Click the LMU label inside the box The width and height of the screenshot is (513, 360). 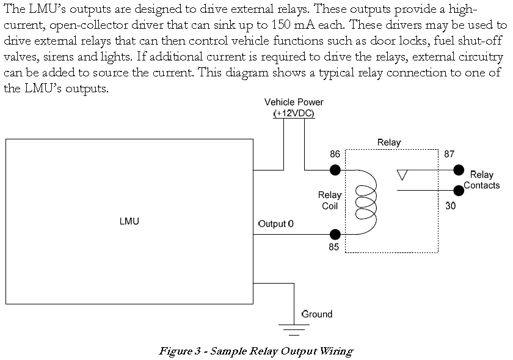(x=129, y=221)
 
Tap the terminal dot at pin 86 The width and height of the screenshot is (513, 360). (x=335, y=170)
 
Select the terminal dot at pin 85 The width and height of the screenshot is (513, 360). (x=335, y=234)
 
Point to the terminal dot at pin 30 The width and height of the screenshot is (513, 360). (x=459, y=190)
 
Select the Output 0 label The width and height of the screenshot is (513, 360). (x=275, y=223)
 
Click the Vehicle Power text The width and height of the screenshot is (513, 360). (x=294, y=102)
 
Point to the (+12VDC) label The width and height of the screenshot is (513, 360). (x=294, y=114)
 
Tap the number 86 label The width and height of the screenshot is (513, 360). (x=335, y=155)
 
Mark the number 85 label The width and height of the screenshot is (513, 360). (x=333, y=248)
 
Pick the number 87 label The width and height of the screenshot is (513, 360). (x=449, y=154)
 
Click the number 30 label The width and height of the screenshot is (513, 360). (x=450, y=206)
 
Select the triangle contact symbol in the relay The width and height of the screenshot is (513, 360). (x=402, y=175)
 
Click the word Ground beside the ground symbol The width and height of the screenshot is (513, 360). (x=317, y=314)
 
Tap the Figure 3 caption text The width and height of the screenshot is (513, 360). (x=256, y=351)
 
